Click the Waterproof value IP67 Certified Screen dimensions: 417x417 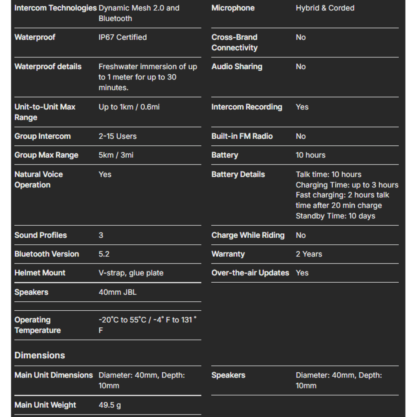coord(123,37)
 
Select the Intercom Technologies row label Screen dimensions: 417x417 coord(55,8)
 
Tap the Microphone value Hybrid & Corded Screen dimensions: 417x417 coord(325,8)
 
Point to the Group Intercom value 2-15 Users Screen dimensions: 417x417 coord(117,136)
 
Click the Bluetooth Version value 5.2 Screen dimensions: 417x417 coord(104,254)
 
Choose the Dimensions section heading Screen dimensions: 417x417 coord(40,355)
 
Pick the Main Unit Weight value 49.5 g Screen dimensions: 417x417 coord(110,405)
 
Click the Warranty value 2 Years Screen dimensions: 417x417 coord(309,254)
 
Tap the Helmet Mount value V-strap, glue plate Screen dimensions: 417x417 coord(131,273)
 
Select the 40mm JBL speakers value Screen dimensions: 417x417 coord(117,292)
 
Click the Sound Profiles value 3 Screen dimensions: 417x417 coord(101,235)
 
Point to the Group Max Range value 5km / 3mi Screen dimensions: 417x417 coord(116,155)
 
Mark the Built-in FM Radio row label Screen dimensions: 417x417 coord(242,136)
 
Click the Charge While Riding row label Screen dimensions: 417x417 coord(248,235)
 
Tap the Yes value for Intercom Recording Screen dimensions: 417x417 coord(302,107)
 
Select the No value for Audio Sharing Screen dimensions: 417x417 coord(301,67)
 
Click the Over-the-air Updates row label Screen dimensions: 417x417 coord(250,273)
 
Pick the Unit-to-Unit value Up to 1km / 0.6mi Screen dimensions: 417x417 coord(129,107)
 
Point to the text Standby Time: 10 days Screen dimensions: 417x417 coord(336,216)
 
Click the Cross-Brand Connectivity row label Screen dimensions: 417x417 coord(235,42)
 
